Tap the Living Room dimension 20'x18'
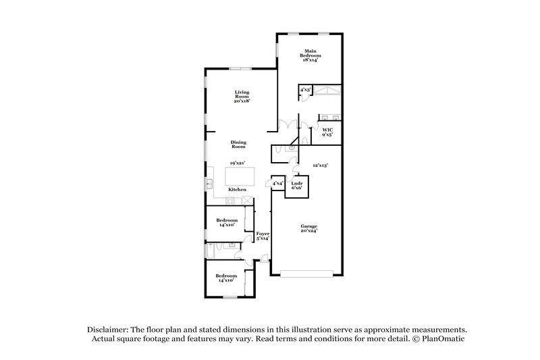click(x=242, y=101)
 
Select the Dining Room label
click(x=238, y=144)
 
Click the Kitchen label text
click(x=236, y=190)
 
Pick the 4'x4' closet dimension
click(x=277, y=183)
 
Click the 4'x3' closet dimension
click(x=304, y=89)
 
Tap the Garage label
click(x=309, y=228)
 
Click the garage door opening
click(x=307, y=274)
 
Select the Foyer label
click(x=263, y=236)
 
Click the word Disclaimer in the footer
click(x=111, y=328)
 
